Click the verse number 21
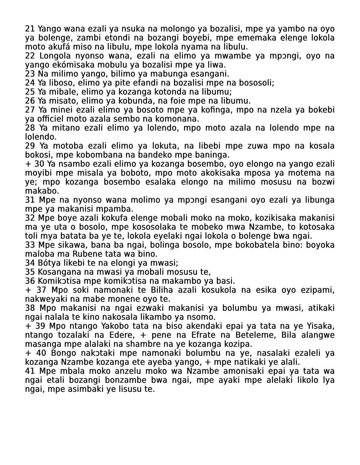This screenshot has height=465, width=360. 30,29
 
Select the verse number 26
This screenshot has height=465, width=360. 30,101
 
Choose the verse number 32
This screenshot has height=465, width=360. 30,218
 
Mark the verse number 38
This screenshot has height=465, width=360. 30,308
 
